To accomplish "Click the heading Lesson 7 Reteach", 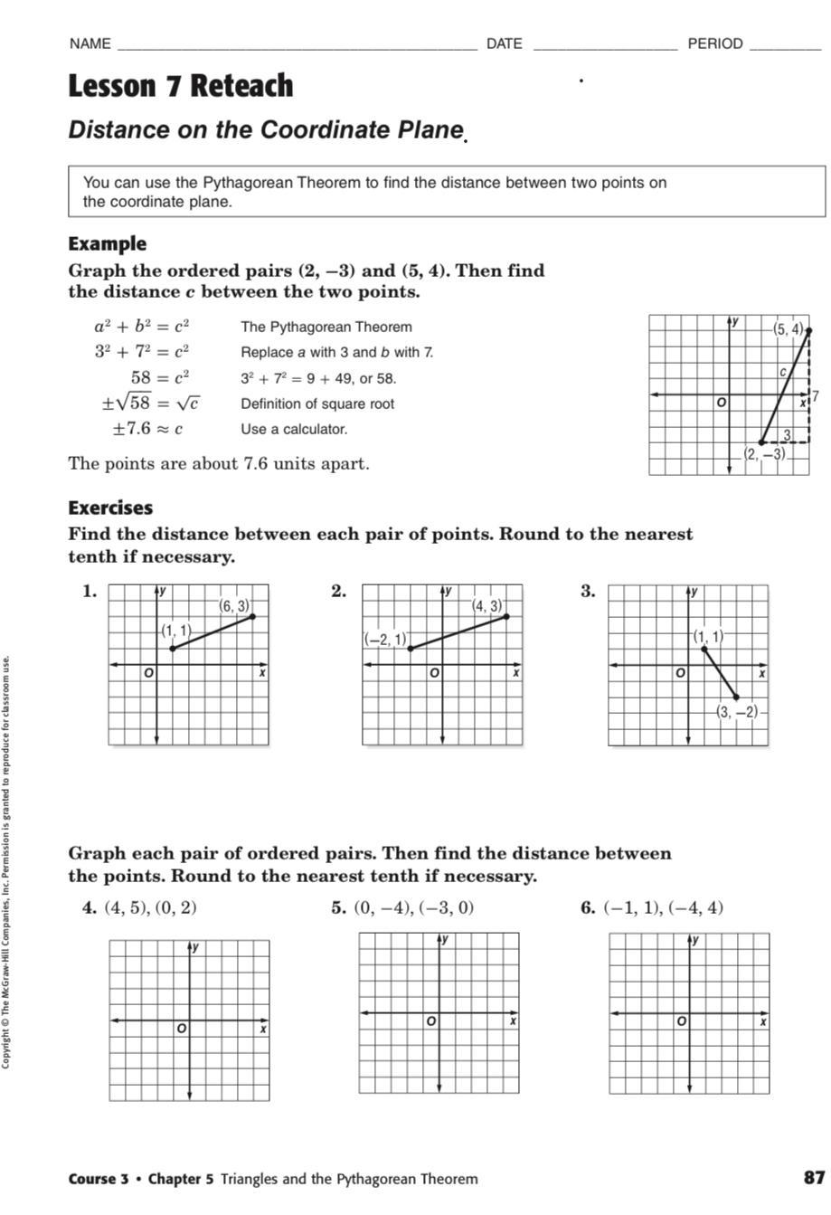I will point(181,86).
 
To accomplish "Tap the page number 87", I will point(814,1178).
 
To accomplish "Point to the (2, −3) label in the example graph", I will point(764,454).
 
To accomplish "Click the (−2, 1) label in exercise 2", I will point(386,640).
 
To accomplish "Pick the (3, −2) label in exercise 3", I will point(737,712).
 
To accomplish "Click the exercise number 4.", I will point(90,907).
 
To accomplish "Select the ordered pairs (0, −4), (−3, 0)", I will point(413,907).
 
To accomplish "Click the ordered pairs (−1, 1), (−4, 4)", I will point(664,907).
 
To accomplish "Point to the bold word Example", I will point(107,243).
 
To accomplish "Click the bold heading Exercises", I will point(110,508).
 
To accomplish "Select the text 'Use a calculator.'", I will point(294,429).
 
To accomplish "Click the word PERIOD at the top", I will point(715,43).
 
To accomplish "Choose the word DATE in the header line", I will point(505,43).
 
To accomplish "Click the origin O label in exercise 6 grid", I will point(681,1021).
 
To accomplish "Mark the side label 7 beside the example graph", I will point(816,395).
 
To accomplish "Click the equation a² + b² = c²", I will point(141,327).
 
